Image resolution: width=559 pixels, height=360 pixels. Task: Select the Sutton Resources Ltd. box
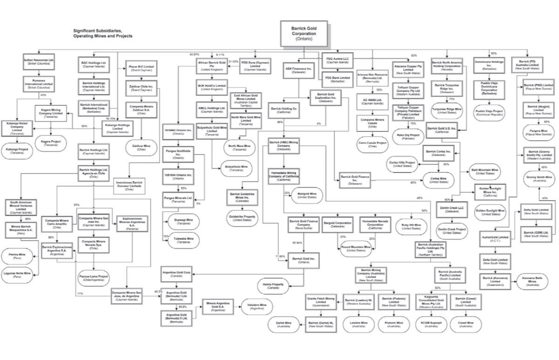(x=38, y=62)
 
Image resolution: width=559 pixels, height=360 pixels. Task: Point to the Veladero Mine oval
(x=257, y=307)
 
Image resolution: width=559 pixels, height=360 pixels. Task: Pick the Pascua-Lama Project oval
(x=93, y=278)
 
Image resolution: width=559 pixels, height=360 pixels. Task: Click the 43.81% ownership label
(x=194, y=54)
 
